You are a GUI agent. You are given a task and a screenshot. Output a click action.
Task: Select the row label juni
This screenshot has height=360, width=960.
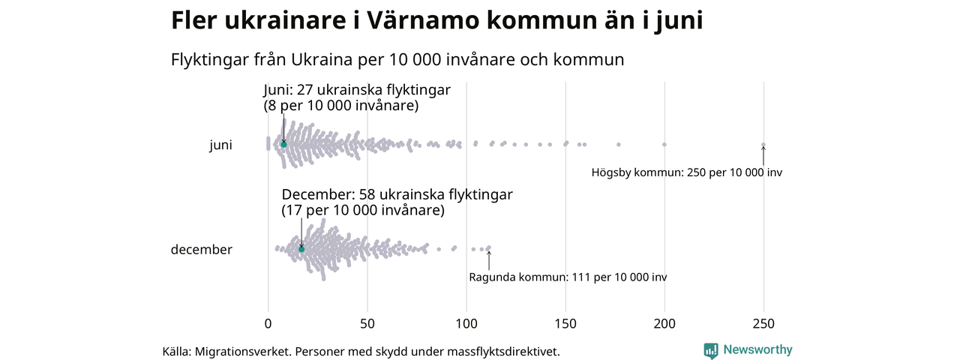click(x=220, y=145)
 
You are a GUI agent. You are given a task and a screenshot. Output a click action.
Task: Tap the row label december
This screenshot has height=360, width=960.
click(x=201, y=250)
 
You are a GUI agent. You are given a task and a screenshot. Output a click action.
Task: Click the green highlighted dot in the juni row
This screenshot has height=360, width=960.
click(x=283, y=144)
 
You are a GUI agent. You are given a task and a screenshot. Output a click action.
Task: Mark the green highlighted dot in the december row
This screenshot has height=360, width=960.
click(x=301, y=249)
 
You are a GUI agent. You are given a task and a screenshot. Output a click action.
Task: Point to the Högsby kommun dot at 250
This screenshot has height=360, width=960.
click(x=763, y=145)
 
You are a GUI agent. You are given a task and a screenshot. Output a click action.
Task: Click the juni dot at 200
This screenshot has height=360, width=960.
click(x=664, y=144)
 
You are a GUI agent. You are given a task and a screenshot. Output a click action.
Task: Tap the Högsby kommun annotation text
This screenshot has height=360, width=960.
click(x=686, y=172)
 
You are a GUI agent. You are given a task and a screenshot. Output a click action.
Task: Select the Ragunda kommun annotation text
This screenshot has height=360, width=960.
click(x=568, y=277)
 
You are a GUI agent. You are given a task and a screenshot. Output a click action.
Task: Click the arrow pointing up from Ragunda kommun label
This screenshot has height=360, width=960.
click(x=489, y=259)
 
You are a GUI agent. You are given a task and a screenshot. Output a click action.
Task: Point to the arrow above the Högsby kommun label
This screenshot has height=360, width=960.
click(x=763, y=155)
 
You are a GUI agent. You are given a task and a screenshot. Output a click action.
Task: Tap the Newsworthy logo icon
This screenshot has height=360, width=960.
click(x=711, y=350)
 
